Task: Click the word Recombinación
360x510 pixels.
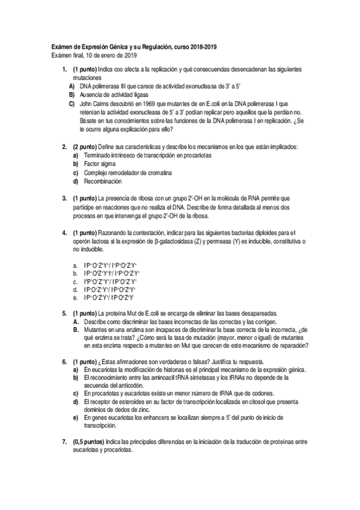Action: tap(103, 181)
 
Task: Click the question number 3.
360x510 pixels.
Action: tap(64, 198)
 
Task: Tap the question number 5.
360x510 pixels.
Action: tap(64, 313)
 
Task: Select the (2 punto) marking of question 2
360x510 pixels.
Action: tap(84, 147)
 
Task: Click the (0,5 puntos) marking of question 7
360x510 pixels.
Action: tap(88, 442)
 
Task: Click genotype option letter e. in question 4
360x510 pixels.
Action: tap(75, 296)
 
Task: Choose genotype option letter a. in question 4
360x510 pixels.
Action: tap(75, 264)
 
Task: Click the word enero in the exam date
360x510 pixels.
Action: tap(102, 55)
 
